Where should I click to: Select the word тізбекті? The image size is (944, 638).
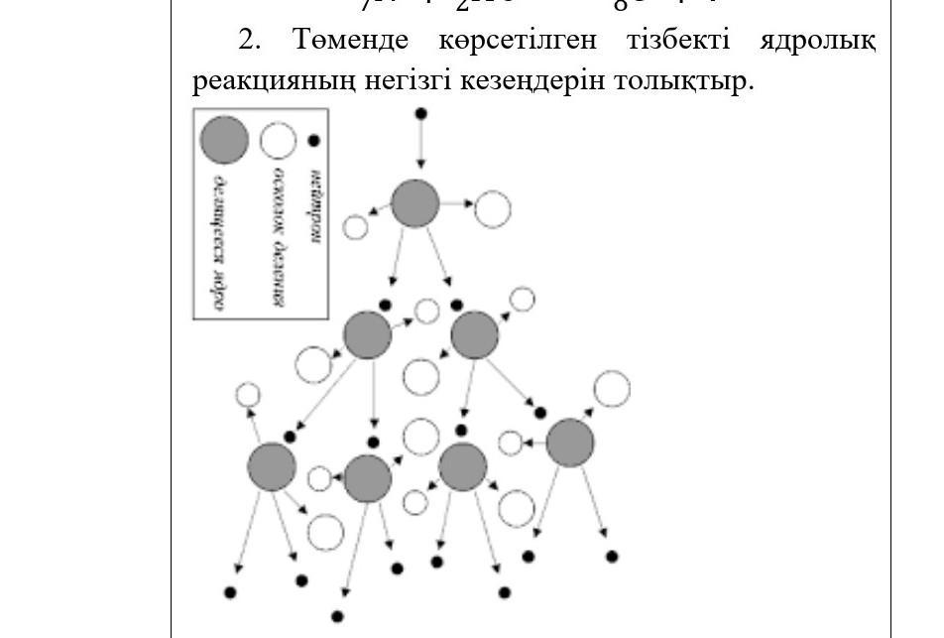678,41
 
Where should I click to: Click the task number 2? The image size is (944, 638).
248,41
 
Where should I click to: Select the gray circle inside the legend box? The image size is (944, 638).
225,140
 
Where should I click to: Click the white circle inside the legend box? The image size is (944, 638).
279,141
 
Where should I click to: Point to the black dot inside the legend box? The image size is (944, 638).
314,141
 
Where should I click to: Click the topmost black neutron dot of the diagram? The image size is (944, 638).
420,114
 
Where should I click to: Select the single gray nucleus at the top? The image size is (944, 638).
415,204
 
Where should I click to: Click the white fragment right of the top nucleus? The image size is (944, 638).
492,209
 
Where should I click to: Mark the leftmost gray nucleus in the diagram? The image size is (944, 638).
272,466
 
